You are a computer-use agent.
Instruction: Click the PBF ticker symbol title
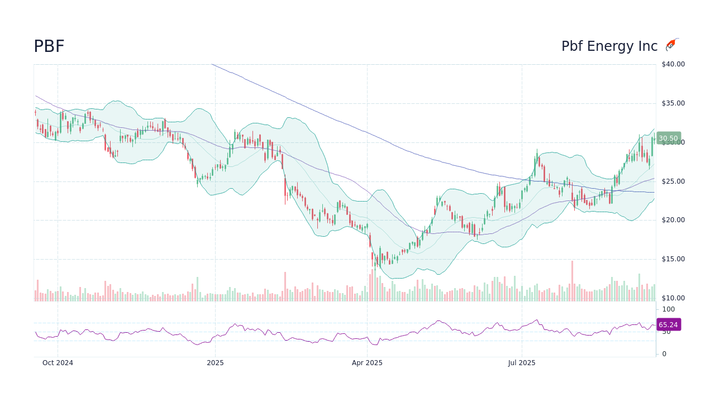49,47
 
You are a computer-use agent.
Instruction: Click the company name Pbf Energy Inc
609,47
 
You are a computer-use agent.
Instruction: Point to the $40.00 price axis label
673,64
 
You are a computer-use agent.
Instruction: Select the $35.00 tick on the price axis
673,103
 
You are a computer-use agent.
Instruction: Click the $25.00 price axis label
673,181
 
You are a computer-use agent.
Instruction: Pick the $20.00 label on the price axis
673,220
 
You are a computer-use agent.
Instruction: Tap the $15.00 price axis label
673,259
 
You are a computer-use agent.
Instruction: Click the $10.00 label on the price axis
673,298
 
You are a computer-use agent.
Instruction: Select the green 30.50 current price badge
668,138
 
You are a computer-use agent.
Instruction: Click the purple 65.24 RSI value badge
668,325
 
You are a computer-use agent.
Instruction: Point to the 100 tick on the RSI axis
669,309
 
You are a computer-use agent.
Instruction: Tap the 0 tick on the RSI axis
664,353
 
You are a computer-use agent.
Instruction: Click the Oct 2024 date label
58,363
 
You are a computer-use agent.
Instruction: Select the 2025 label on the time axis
215,363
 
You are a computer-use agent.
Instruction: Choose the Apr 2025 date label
367,363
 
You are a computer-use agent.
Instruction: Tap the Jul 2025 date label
522,363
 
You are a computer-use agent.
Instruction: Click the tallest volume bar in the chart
572,281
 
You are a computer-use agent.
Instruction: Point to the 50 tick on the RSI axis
666,332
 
